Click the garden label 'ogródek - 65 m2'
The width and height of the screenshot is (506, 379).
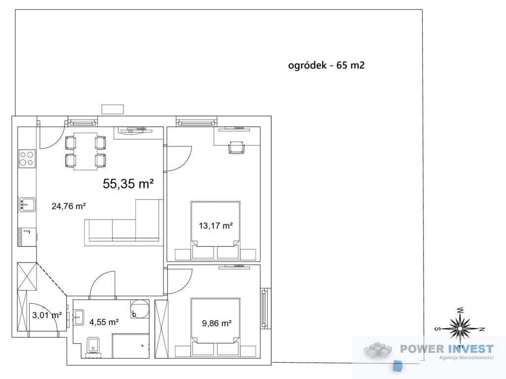(326, 65)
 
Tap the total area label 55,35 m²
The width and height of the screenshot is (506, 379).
(128, 184)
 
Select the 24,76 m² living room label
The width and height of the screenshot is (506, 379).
(68, 206)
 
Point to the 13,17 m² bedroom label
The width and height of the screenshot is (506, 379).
(215, 226)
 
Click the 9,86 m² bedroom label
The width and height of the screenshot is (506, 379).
(216, 323)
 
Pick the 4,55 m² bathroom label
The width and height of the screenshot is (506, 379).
(104, 322)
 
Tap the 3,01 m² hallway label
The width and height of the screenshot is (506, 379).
(47, 315)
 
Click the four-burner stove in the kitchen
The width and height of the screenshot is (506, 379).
(27, 158)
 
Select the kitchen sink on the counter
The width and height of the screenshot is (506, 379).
(28, 204)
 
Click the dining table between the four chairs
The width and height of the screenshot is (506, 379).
(85, 151)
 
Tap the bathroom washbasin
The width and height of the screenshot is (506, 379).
(79, 317)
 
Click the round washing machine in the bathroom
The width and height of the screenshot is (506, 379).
(140, 309)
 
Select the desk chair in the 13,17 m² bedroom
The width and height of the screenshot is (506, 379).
(237, 148)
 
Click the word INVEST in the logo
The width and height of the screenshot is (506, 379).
(471, 349)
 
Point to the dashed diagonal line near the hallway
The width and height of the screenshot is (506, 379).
(51, 279)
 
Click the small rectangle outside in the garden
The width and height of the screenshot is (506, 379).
(113, 109)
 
